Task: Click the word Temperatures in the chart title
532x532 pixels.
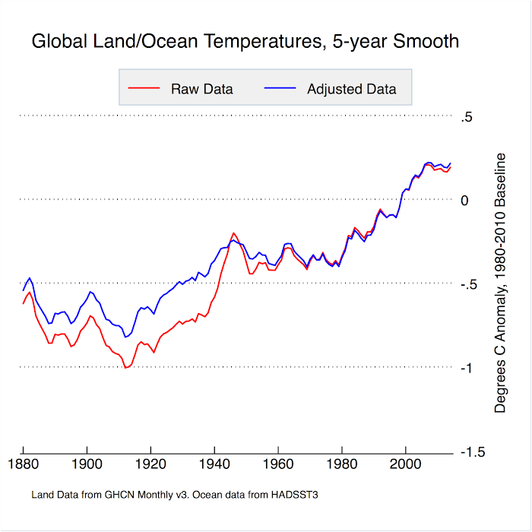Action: click(263, 41)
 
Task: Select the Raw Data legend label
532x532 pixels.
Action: click(202, 89)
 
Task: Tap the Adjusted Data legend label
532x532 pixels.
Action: click(351, 89)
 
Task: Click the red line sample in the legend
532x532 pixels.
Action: click(144, 88)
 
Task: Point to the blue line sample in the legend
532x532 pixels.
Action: click(280, 88)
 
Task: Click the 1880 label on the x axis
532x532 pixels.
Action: click(23, 464)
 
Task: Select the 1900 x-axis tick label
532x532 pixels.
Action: click(87, 464)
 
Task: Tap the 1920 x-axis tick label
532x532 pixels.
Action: click(150, 464)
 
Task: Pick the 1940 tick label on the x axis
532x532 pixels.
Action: click(214, 464)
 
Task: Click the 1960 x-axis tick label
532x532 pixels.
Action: click(278, 464)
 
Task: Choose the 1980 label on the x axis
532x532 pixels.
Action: click(342, 464)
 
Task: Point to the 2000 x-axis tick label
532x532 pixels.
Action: click(405, 464)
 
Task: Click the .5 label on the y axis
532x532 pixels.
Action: click(467, 117)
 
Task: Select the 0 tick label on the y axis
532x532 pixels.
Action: click(464, 201)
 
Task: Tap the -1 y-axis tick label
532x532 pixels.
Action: click(467, 368)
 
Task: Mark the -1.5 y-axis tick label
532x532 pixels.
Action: click(473, 452)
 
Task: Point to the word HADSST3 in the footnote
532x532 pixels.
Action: click(295, 495)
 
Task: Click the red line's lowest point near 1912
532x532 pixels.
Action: click(125, 368)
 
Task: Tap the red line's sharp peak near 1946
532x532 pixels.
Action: click(233, 233)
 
